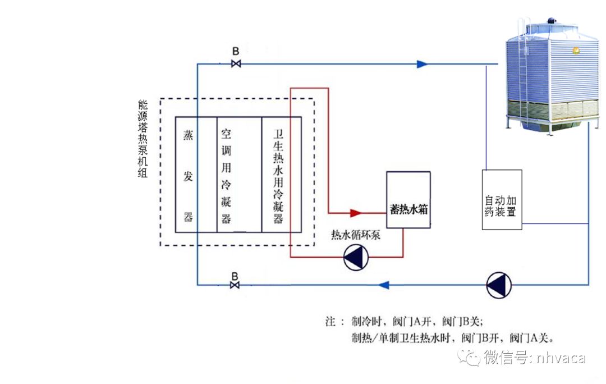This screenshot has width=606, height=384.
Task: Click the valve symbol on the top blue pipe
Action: tap(236, 64)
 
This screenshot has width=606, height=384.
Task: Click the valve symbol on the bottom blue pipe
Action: tap(235, 285)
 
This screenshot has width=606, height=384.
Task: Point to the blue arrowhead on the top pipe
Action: tap(422, 64)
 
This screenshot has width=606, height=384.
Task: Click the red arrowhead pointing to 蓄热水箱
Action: tap(355, 213)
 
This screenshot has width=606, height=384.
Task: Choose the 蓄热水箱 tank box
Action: tap(408, 200)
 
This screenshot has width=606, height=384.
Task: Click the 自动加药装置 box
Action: tap(502, 200)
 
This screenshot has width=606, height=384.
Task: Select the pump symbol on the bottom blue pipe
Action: tap(499, 285)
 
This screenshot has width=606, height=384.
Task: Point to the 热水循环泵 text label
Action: tap(356, 235)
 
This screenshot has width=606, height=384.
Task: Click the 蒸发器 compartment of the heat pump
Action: tap(189, 175)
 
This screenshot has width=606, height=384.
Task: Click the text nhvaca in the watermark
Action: tap(561, 358)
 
